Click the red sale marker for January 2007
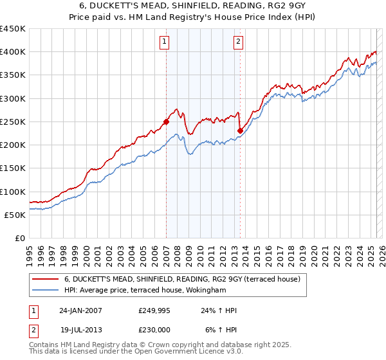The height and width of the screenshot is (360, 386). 166,121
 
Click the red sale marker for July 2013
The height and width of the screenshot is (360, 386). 240,130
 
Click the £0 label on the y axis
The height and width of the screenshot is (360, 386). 21,239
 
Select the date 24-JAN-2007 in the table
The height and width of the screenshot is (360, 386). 80,310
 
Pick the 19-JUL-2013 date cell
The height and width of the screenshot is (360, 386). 80,328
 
